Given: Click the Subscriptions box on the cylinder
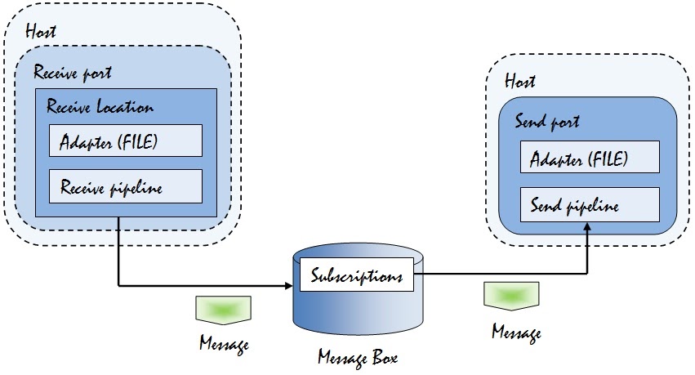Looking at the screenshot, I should click(357, 276).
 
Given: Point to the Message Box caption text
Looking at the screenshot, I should click(358, 357).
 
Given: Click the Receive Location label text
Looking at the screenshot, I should click(100, 107).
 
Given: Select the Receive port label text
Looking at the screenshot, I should click(73, 73).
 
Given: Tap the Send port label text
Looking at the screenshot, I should click(547, 122).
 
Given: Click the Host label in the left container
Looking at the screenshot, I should click(42, 32).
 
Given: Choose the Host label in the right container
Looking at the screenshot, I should click(520, 81).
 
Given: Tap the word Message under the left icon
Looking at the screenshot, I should click(223, 343).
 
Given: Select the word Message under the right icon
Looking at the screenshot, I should click(515, 332).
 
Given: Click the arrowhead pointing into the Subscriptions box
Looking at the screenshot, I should click(287, 286).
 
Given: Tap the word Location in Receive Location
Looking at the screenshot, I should click(124, 107).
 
